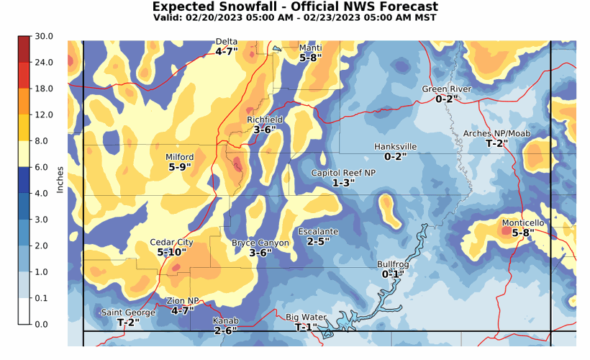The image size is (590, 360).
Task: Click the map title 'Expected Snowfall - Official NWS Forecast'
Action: coord(295,6)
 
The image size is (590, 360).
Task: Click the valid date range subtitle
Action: coord(295,18)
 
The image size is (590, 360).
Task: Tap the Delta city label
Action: coord(227,42)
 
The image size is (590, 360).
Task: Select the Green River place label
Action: coord(446,89)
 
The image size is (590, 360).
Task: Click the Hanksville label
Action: coord(395,147)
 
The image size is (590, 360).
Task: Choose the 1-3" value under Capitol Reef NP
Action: coord(343,183)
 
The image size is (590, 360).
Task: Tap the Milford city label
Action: coord(180,157)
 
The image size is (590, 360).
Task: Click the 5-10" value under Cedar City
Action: coord(171,253)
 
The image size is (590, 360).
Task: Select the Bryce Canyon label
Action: coord(260,243)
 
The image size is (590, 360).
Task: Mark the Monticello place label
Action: coord(523,223)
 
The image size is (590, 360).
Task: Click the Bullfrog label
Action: coord(392,264)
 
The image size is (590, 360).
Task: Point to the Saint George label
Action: coord(127,312)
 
